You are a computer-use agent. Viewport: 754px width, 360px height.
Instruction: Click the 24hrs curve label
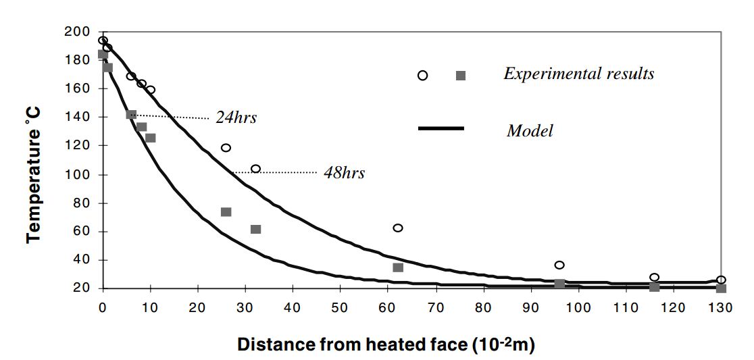point(236,118)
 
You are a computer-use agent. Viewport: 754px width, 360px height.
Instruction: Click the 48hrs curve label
point(344,173)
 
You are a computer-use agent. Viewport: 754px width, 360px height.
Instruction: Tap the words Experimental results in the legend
point(578,74)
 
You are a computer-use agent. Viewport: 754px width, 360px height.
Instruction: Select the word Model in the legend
point(530,130)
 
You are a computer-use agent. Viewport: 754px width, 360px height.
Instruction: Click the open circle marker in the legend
point(423,75)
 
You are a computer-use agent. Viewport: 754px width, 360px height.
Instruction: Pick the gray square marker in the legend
point(461,76)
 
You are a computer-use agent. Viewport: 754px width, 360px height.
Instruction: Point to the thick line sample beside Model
point(441,128)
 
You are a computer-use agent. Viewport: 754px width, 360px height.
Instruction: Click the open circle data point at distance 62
point(398,228)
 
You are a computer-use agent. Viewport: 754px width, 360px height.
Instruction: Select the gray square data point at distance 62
point(398,267)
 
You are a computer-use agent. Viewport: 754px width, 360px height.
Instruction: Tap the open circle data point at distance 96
point(559,265)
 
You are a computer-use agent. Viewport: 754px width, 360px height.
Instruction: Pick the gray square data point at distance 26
point(226,212)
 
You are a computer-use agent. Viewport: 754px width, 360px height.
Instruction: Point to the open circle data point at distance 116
point(654,277)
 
